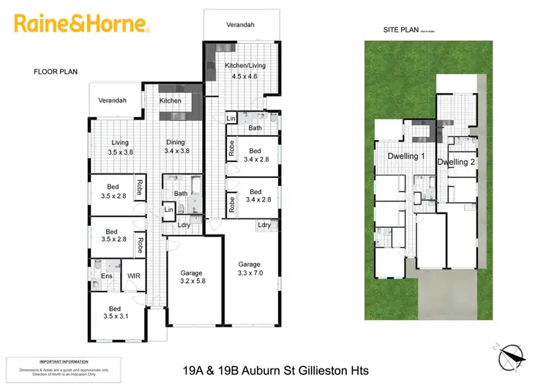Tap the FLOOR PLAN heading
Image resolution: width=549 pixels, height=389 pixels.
tap(56, 72)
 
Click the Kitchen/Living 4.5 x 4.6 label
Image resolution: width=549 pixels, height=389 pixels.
tap(245, 70)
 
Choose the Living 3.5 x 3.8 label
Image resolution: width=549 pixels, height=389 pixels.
tap(120, 147)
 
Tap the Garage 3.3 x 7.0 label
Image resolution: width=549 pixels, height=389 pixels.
tap(250, 268)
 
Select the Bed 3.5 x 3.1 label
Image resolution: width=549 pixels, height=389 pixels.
tap(116, 313)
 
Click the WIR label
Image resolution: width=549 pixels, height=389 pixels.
tap(134, 276)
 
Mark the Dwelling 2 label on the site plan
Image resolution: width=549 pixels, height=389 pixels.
tap(456, 162)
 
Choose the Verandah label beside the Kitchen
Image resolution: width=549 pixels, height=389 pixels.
tap(113, 100)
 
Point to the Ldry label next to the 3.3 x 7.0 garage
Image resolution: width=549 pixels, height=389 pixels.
tap(264, 225)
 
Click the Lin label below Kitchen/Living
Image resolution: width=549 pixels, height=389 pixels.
tap(231, 119)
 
